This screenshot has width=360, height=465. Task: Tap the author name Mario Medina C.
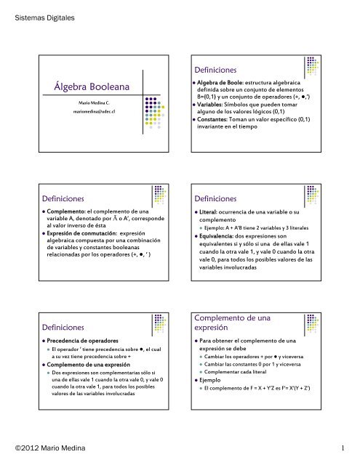click(x=91, y=105)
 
